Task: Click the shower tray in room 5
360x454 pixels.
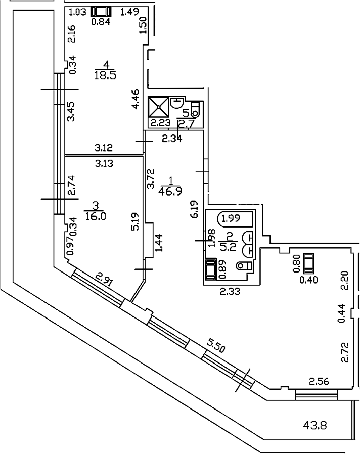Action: tap(160, 107)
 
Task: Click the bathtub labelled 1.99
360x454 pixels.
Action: tap(235, 218)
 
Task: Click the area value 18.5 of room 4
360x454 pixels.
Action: tap(105, 75)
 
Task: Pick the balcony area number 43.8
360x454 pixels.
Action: tap(315, 426)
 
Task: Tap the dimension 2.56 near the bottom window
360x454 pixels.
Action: tap(319, 381)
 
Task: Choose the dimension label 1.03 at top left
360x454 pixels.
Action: tap(77, 11)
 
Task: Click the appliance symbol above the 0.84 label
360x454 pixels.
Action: tap(102, 11)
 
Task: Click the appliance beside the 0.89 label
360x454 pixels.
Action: tap(209, 269)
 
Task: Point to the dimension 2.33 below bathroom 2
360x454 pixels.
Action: tap(230, 291)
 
